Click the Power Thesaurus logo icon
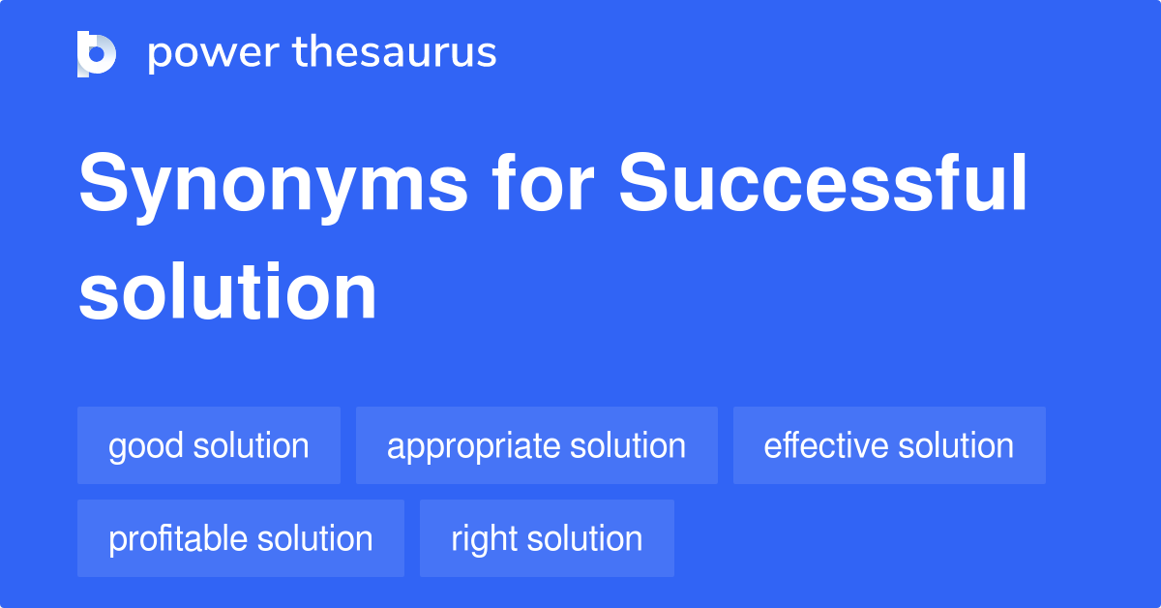pos(97,54)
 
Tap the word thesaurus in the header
pos(395,51)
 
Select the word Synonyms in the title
pos(274,187)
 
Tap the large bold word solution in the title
pos(227,291)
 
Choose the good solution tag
pos(209,445)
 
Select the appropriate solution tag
pos(536,445)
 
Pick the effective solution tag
pos(889,445)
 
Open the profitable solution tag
pos(241,538)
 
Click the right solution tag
pos(547,538)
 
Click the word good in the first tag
pos(146,447)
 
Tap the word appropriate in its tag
pos(473,447)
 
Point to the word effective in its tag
pos(825,445)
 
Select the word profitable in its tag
pos(177,540)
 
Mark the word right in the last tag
pos(484,540)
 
